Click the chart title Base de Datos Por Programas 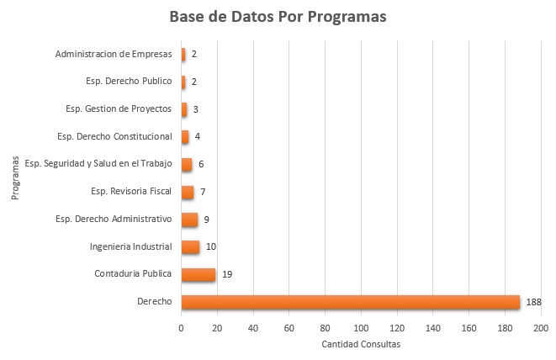tap(278, 18)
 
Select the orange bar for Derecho tap(350, 301)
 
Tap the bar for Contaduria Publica tap(199, 273)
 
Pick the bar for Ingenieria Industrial tap(190, 246)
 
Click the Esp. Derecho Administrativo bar tap(189, 219)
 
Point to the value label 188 tap(534, 301)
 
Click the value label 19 tap(227, 273)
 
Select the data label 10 tap(211, 246)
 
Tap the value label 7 tap(203, 192)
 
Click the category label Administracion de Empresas tap(114, 55)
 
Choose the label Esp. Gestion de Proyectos tap(119, 109)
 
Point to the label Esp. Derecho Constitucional tap(114, 136)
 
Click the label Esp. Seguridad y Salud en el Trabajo tap(98, 164)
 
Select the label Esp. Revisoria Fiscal tap(131, 191)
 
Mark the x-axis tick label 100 tap(361, 327)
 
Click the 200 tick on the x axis tap(541, 327)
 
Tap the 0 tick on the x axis tap(181, 327)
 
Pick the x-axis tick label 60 tap(289, 327)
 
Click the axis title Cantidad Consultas tap(361, 344)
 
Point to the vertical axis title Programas tap(15, 177)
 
